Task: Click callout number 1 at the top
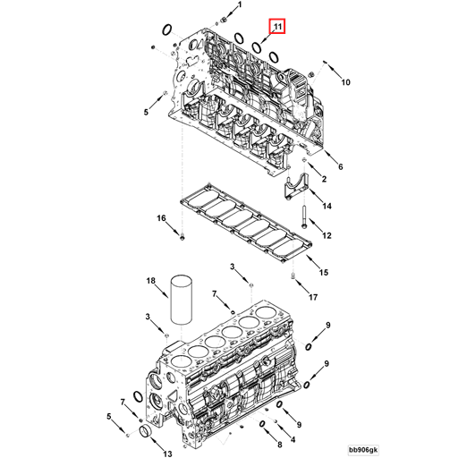point(239,7)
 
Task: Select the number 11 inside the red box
point(278,28)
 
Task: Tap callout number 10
point(345,82)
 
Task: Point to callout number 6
point(341,165)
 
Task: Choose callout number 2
point(324,180)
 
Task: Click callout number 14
point(327,207)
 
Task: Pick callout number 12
point(327,235)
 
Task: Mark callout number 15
point(324,272)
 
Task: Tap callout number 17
point(314,296)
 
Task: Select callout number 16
point(162,218)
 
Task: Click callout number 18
point(151,281)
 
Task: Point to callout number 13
point(167,443)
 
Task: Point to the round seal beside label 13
point(143,434)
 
